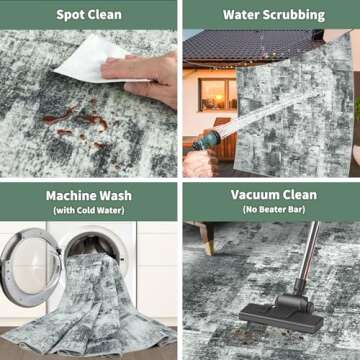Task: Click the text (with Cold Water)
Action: click(x=89, y=211)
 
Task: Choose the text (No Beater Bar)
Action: click(x=274, y=210)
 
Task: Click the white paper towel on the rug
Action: click(x=97, y=59)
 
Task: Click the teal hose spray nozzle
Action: click(x=207, y=140)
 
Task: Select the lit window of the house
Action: click(x=218, y=95)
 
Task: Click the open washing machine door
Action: click(x=29, y=267)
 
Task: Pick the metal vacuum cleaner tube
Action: click(x=308, y=252)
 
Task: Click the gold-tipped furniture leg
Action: click(x=205, y=238)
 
